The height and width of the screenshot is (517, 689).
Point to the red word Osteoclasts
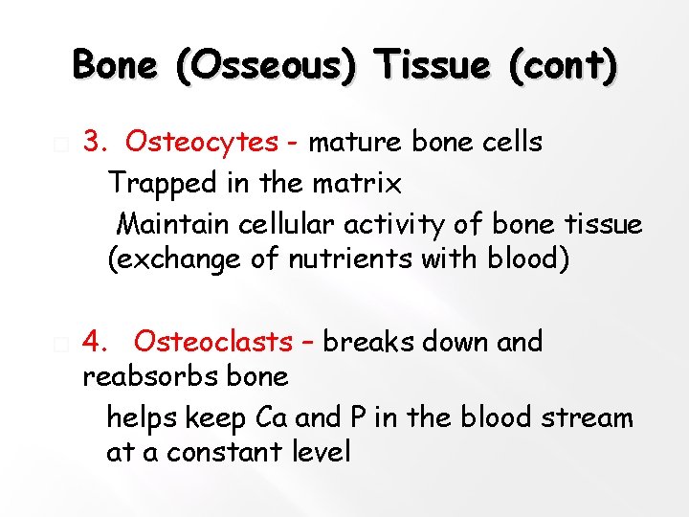(x=213, y=341)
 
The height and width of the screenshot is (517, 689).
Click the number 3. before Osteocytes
(x=95, y=143)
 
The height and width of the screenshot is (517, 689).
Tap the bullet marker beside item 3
(x=60, y=144)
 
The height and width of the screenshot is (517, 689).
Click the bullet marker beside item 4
(x=60, y=343)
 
